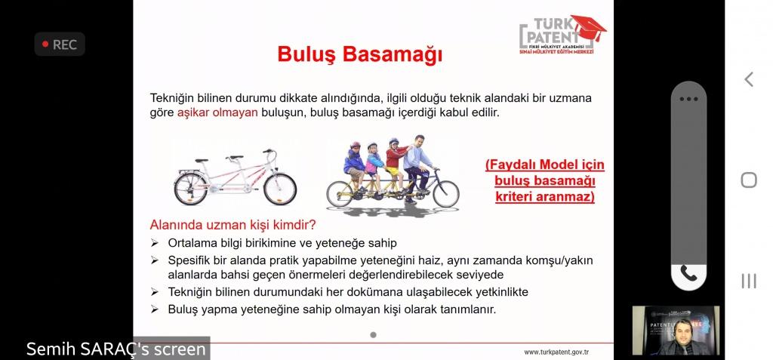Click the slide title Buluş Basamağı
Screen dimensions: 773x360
(359, 55)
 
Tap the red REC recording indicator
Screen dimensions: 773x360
(60, 45)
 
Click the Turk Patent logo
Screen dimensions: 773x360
(562, 35)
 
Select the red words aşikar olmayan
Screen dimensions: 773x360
(217, 112)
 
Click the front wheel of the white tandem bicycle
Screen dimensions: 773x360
(280, 189)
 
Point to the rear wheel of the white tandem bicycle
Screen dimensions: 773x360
(191, 189)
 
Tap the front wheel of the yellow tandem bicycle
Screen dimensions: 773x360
(445, 194)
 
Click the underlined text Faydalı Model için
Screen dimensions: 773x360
(545, 165)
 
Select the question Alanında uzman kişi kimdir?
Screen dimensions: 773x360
(233, 225)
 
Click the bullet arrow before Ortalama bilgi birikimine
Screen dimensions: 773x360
(155, 243)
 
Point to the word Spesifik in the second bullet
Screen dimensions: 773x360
(189, 260)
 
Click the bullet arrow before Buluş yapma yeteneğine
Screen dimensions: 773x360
(155, 309)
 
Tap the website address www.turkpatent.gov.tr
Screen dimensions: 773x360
(556, 352)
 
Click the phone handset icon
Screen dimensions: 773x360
(688, 272)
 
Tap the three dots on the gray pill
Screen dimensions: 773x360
(688, 99)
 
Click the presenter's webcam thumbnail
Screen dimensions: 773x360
(676, 331)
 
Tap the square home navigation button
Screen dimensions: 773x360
(749, 180)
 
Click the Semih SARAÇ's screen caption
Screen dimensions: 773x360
(115, 349)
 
